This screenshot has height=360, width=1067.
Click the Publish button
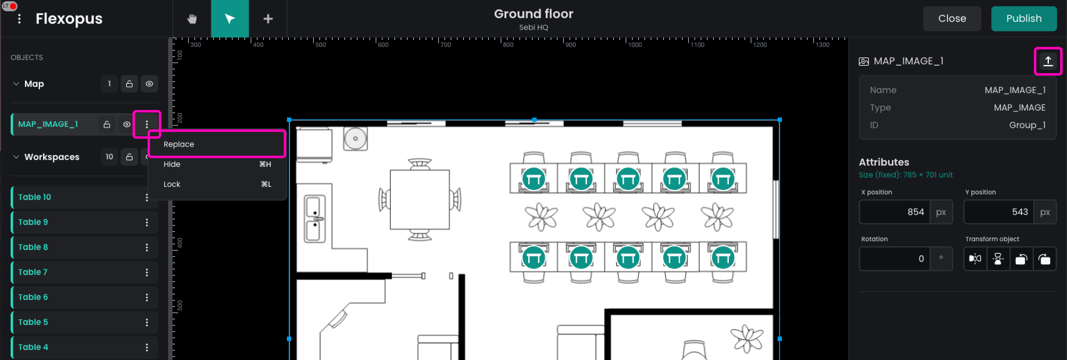1024,19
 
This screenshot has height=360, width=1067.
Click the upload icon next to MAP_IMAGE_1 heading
1048,61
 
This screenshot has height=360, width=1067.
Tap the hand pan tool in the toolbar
192,19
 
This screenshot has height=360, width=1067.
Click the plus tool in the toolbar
268,19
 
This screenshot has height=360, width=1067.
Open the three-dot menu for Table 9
147,222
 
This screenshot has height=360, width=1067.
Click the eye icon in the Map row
149,84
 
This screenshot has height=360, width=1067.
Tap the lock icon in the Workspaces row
129,157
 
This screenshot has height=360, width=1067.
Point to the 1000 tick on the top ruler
626,42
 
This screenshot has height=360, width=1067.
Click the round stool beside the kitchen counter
355,139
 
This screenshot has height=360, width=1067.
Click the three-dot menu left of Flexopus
19,19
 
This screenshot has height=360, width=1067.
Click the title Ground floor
533,14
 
